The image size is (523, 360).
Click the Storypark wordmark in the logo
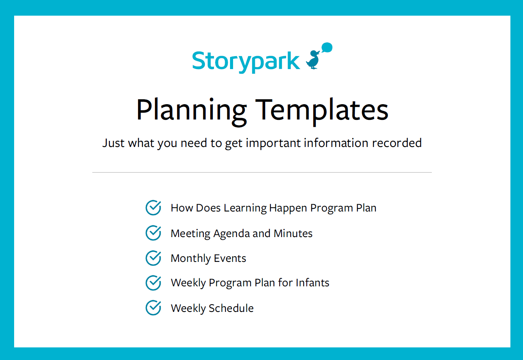click(246, 61)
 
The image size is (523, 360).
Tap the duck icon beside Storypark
click(314, 60)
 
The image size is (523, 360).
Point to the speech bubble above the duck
click(327, 48)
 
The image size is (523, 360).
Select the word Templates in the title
click(322, 110)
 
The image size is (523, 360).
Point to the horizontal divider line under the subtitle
click(262, 173)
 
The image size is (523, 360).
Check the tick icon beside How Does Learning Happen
click(153, 208)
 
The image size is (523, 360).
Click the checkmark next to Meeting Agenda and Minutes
click(153, 233)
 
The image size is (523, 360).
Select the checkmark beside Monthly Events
click(153, 258)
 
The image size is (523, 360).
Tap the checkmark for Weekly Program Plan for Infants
click(153, 283)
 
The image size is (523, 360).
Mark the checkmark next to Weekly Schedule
click(153, 308)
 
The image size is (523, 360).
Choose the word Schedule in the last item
click(231, 308)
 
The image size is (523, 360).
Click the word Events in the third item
click(230, 258)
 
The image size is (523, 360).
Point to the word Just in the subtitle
click(113, 143)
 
